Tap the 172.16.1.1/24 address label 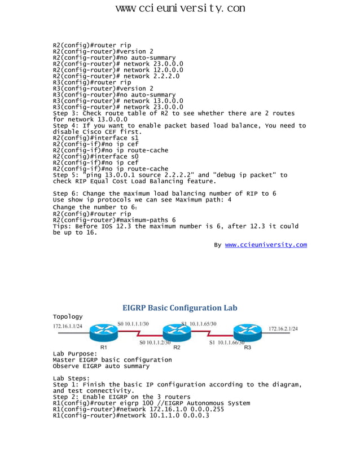68,326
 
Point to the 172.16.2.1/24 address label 283,328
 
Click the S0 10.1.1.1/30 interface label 133,323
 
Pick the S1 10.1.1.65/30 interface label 199,323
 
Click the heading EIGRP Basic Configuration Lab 180,308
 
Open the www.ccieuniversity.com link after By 266,245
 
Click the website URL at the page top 180,8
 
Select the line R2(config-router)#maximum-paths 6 114,221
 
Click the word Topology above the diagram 68,316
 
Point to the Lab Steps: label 71,379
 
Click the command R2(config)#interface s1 95,138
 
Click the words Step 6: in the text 66,194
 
